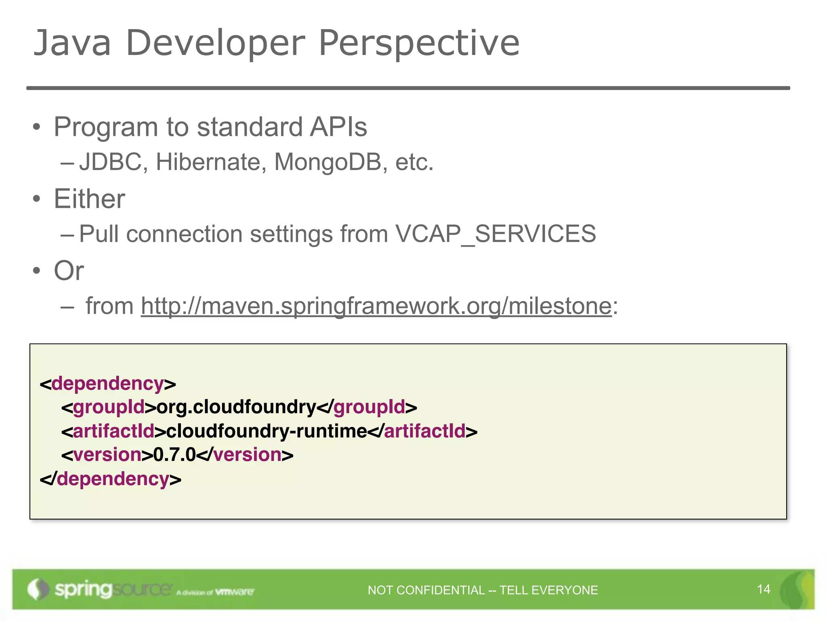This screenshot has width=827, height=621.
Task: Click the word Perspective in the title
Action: click(x=419, y=43)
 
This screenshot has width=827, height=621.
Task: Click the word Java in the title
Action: click(x=72, y=43)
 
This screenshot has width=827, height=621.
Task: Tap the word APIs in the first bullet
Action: click(x=338, y=127)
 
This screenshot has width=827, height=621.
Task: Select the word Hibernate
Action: click(x=211, y=162)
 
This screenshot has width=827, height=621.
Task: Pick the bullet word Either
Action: click(x=89, y=199)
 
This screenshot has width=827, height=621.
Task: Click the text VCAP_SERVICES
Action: click(x=495, y=234)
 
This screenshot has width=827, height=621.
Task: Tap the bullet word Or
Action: click(x=69, y=270)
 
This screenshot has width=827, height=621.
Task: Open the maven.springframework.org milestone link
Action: click(x=376, y=306)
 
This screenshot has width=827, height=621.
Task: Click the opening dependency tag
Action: click(x=108, y=383)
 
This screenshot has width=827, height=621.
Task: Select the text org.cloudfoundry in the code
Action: click(x=236, y=407)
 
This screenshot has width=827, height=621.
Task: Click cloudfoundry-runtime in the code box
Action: click(x=267, y=431)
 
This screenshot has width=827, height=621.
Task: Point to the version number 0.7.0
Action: click(x=174, y=455)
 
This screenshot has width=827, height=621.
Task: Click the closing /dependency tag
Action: click(x=111, y=479)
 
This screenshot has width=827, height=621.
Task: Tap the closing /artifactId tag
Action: click(x=423, y=431)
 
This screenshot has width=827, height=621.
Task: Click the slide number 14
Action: click(x=764, y=589)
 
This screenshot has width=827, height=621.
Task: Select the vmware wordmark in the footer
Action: click(x=235, y=592)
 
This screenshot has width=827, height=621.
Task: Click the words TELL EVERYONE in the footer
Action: click(x=548, y=590)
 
